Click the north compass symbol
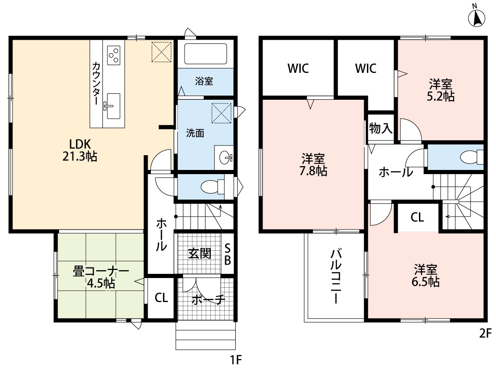[477, 18]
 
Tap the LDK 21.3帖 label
[79, 150]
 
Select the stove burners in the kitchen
[114, 54]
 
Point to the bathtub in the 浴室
[205, 54]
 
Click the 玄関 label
[200, 253]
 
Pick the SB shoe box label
[227, 254]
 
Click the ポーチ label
[209, 299]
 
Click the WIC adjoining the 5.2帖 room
[366, 68]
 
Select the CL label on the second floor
[418, 218]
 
